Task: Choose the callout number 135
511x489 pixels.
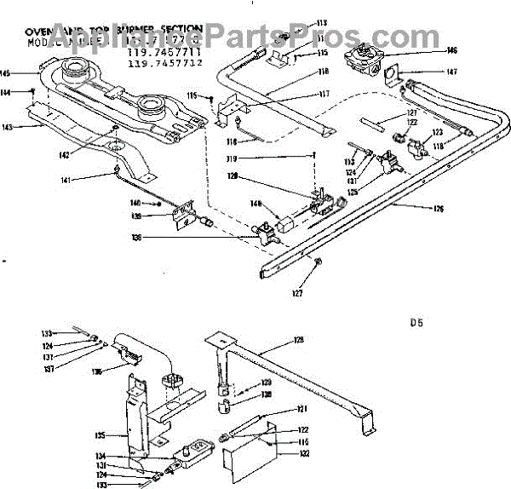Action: pos(100,434)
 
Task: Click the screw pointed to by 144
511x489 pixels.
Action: pos(33,90)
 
